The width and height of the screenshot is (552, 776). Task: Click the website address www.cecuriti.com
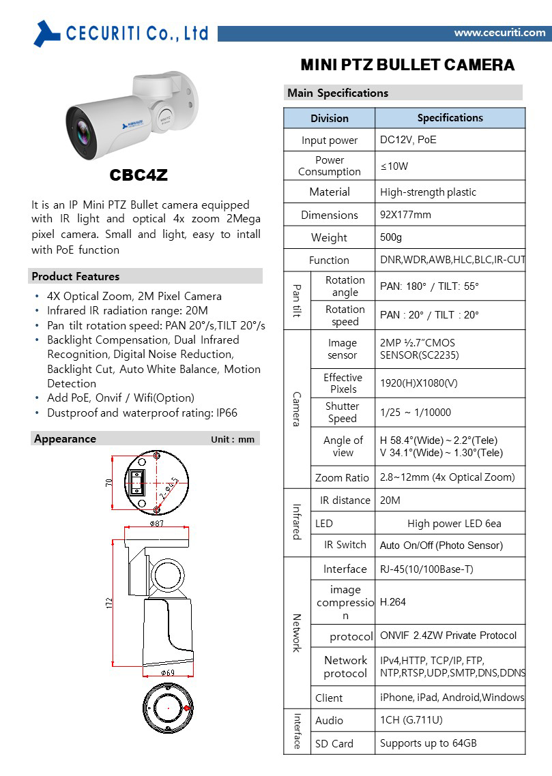[499, 33]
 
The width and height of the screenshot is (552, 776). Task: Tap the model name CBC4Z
[139, 175]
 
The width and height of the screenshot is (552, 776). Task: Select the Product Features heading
[76, 276]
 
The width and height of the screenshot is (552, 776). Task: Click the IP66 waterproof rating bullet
[142, 413]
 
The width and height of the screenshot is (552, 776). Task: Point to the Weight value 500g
[391, 237]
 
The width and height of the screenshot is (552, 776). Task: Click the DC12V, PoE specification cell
[408, 140]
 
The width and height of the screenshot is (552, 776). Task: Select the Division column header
[329, 118]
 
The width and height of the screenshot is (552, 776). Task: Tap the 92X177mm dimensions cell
[405, 215]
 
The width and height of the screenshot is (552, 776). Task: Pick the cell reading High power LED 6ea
[454, 524]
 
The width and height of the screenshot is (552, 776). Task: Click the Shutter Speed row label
[343, 412]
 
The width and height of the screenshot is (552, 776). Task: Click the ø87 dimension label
[158, 523]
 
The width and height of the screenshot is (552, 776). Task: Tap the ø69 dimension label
[168, 672]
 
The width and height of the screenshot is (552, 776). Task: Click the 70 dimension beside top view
[109, 482]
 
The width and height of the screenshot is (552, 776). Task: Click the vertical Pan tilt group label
[297, 301]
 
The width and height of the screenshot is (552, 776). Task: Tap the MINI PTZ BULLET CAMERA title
[407, 65]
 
